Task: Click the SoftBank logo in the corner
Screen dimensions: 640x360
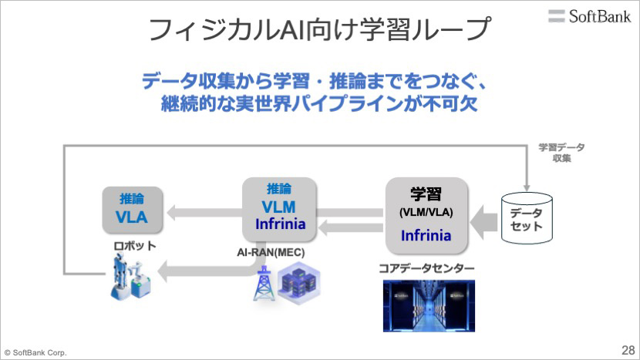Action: [590, 16]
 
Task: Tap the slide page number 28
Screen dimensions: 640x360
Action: [628, 350]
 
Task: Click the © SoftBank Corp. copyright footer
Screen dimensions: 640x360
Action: [35, 352]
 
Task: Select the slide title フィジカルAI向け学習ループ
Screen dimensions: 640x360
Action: [319, 29]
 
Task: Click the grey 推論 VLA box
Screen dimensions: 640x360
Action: [133, 210]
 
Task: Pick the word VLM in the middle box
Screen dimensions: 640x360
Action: [279, 207]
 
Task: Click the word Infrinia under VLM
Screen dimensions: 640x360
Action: [281, 224]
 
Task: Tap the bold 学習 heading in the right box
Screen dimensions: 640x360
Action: [426, 194]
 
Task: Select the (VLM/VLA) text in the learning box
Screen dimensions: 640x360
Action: [426, 212]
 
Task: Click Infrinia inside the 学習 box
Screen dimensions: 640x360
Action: [426, 236]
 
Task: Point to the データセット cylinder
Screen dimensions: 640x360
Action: [527, 218]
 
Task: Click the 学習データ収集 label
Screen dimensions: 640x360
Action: [561, 153]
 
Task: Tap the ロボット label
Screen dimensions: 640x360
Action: [135, 246]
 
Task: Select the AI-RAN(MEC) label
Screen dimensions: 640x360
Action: [271, 252]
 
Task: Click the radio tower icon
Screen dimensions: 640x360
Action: [263, 283]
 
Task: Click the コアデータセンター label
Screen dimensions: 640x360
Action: [426, 268]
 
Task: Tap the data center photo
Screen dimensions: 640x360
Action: [429, 306]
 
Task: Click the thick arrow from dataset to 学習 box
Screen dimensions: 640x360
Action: [484, 223]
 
